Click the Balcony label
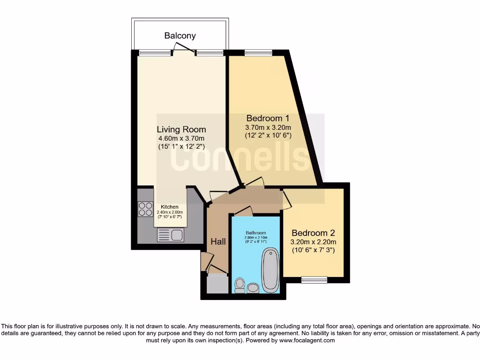point(180,36)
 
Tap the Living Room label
point(181,129)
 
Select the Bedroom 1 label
point(268,118)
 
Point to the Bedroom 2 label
point(314,233)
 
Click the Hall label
point(218,242)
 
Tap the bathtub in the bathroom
point(270,270)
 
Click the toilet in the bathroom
point(240,285)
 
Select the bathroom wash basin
point(253,287)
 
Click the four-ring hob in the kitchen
point(145,209)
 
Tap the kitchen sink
point(171,235)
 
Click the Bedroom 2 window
point(314,280)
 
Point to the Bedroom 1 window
point(258,52)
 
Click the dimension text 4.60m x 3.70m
point(181,138)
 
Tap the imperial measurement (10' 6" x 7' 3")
point(314,250)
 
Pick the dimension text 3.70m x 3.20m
point(268,127)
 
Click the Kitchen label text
point(169,207)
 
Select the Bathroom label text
point(255,233)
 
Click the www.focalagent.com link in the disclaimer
point(307,340)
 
